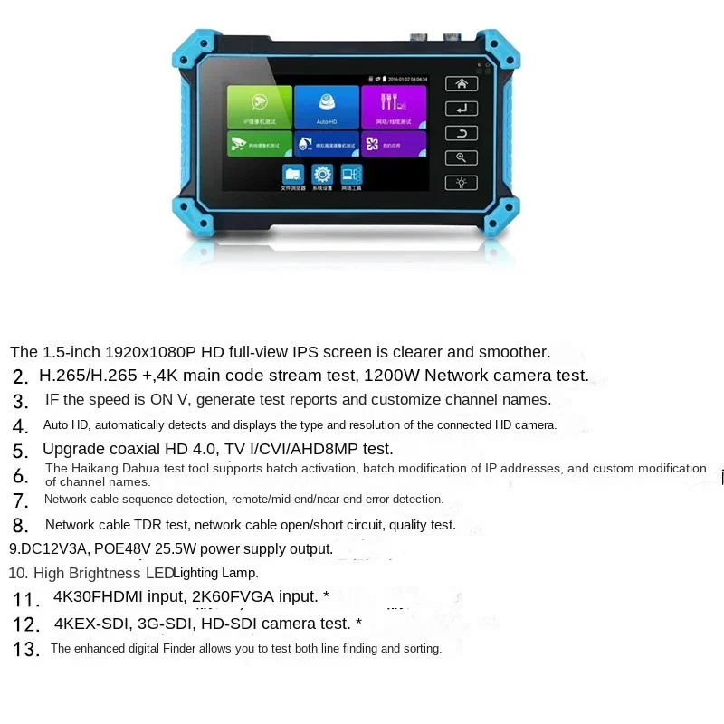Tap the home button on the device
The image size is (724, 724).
[x=461, y=84]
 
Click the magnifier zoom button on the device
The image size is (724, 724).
[x=461, y=157]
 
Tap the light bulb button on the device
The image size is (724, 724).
[x=461, y=182]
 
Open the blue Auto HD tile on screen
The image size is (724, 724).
[x=327, y=107]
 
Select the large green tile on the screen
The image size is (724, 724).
[x=259, y=107]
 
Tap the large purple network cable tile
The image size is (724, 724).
[x=394, y=107]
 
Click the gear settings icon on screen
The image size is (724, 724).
[x=321, y=174]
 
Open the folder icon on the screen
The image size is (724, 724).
[x=293, y=174]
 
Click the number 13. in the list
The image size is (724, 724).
[x=26, y=649]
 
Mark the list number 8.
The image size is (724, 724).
[x=21, y=526]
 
